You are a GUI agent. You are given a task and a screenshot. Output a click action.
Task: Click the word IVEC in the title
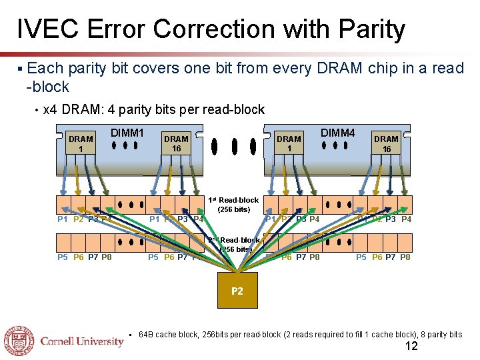pos(43,29)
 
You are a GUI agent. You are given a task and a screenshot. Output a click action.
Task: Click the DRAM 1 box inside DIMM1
pos(81,144)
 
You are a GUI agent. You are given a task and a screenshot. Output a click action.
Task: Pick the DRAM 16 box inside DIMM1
pos(177,144)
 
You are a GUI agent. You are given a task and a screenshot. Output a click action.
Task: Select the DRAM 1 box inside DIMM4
pos(289,144)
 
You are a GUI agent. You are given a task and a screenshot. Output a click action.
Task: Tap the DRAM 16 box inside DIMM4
pos(386,144)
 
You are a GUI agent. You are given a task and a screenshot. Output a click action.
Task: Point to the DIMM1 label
pos(127,133)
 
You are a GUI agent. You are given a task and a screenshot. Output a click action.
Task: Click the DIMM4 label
pos(338,133)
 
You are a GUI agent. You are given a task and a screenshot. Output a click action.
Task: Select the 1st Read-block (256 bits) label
pos(233,205)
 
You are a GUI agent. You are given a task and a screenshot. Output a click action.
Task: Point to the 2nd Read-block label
pos(233,245)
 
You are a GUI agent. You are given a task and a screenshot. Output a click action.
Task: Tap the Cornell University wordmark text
pos(82,341)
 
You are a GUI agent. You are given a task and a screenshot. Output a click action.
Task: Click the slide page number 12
pos(412,346)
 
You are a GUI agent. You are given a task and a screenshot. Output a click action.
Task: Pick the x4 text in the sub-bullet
pos(49,109)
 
